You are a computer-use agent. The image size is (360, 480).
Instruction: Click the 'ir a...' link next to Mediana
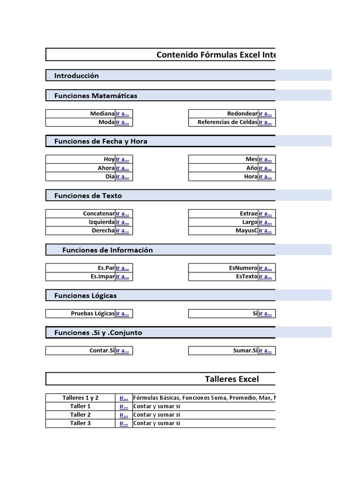[122, 114]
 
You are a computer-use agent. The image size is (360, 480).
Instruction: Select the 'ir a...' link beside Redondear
[265, 114]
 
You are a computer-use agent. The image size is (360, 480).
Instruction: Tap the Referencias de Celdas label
[227, 122]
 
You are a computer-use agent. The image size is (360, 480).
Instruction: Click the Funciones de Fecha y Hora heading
[101, 141]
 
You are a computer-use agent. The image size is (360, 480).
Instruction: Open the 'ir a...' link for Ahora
[122, 168]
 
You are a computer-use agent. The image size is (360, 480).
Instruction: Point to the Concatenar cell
[98, 214]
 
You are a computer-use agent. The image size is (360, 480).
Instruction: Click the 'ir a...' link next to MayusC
[265, 231]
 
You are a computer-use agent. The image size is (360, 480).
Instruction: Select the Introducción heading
[76, 75]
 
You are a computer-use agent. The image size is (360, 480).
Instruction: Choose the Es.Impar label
[103, 277]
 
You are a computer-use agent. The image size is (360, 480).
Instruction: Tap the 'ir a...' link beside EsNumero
[265, 268]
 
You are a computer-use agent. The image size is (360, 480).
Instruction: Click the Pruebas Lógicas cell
[92, 314]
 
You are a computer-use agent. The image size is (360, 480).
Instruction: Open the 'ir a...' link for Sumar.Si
[265, 351]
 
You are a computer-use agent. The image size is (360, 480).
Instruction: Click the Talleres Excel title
[232, 379]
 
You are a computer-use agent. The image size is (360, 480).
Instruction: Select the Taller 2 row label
[80, 415]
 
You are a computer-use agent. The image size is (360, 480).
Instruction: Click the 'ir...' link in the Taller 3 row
[124, 423]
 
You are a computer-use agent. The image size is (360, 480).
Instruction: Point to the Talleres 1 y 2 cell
[80, 398]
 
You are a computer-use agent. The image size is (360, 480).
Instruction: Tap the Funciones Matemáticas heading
[96, 96]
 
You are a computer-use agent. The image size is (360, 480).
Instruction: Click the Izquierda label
[101, 222]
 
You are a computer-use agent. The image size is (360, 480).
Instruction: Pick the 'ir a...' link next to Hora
[265, 177]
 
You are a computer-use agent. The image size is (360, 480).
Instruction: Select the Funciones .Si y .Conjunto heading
[98, 333]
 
